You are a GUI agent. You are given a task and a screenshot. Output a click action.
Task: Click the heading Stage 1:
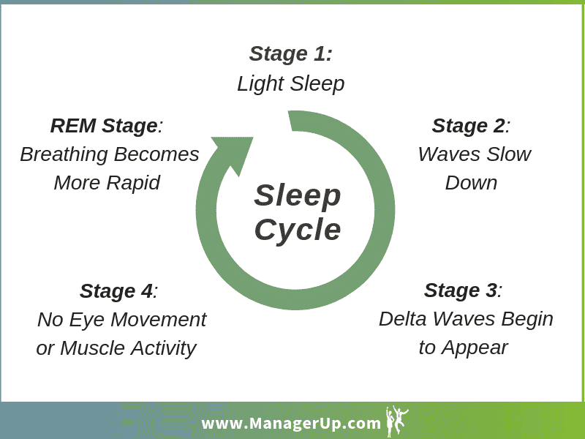point(290,53)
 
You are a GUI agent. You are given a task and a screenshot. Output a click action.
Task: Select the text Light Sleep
point(290,83)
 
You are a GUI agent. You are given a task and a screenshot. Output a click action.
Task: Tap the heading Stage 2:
point(471,125)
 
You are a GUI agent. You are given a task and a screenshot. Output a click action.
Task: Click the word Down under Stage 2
point(471,183)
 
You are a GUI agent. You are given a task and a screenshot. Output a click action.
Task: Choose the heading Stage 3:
point(463,290)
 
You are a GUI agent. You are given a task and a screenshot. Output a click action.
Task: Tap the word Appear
point(475,348)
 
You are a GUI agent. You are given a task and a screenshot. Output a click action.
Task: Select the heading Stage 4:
point(118,291)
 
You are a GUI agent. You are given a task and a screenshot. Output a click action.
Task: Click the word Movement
point(159,320)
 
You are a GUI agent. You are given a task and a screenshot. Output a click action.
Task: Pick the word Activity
point(163,349)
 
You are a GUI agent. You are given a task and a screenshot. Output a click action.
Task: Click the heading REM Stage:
point(107,126)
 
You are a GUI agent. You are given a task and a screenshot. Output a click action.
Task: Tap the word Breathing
point(64,154)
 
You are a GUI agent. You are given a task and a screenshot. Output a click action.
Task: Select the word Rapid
point(134,184)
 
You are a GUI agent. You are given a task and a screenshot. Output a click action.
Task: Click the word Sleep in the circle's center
point(298,195)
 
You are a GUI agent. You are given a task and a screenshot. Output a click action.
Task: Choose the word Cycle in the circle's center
point(298,229)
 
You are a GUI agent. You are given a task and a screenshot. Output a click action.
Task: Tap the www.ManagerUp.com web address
point(290,424)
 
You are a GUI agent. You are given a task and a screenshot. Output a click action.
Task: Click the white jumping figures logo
point(397,421)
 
